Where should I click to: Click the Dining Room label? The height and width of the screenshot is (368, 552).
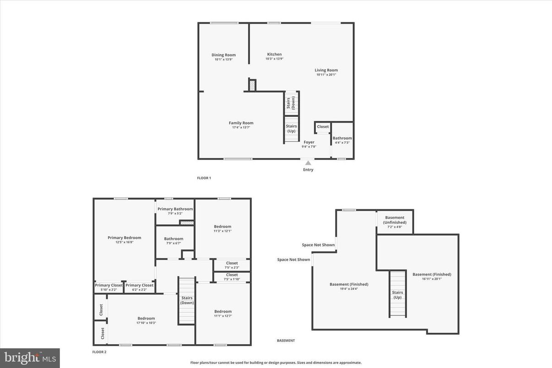click(223, 55)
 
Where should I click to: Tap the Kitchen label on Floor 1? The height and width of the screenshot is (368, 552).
click(275, 54)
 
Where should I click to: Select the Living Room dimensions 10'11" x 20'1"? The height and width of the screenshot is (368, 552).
click(326, 75)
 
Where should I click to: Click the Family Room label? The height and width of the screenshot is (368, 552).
click(241, 123)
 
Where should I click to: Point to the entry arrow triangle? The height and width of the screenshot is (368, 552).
click(308, 163)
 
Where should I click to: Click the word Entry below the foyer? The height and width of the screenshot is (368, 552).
click(308, 170)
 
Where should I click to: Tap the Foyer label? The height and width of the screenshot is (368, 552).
click(308, 142)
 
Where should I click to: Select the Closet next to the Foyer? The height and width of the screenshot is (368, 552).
click(323, 127)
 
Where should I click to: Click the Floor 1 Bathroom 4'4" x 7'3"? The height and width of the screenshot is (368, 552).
click(342, 140)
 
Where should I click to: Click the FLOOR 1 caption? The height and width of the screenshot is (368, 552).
click(204, 178)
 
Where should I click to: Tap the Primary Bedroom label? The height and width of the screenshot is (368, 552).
click(124, 238)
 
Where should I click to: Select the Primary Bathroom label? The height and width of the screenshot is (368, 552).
click(175, 209)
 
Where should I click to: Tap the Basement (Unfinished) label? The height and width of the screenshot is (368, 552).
click(395, 220)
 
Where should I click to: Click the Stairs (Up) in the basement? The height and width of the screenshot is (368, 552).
click(397, 294)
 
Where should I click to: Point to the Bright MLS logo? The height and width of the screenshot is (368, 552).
click(30, 358)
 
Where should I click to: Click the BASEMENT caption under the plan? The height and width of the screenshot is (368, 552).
click(286, 341)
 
